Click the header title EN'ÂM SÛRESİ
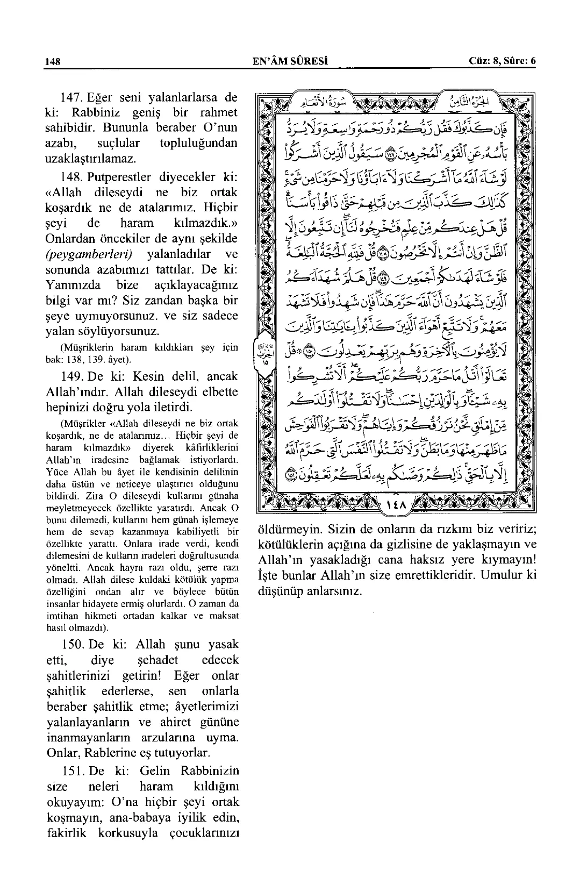pyautogui.click(x=291, y=61)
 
